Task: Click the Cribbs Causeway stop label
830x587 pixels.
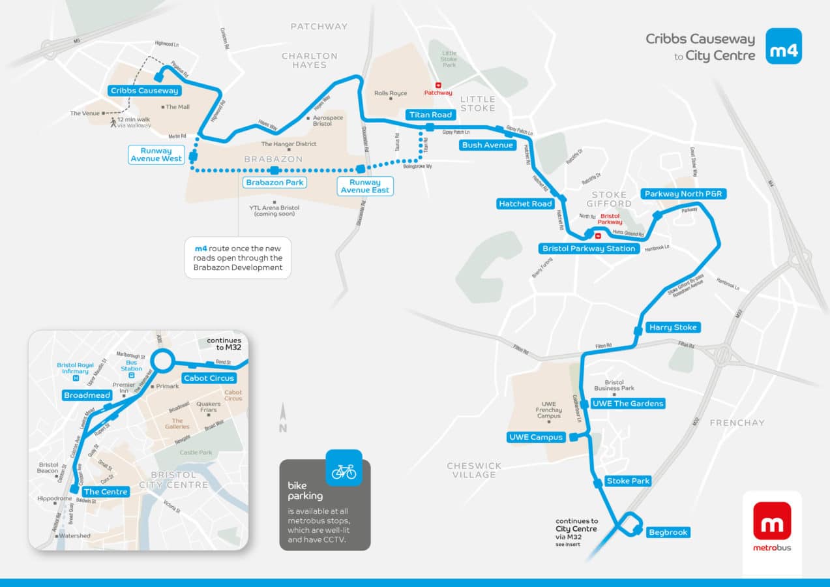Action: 144,91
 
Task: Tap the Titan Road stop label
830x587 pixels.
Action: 430,115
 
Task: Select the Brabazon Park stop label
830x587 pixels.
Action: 274,183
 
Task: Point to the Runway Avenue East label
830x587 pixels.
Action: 365,186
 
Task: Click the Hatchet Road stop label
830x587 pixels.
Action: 526,204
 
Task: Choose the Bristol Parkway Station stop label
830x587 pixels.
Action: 589,248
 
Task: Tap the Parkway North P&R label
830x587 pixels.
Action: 684,194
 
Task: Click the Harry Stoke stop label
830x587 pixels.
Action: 673,327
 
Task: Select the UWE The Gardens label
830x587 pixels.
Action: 628,404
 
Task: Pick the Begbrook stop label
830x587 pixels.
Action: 668,532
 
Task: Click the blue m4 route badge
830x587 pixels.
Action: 783,46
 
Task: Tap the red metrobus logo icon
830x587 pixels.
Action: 772,520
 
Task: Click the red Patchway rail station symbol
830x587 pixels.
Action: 438,85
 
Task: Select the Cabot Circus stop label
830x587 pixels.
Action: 209,378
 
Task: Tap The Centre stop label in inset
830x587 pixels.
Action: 106,492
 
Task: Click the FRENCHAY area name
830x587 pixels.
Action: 737,423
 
